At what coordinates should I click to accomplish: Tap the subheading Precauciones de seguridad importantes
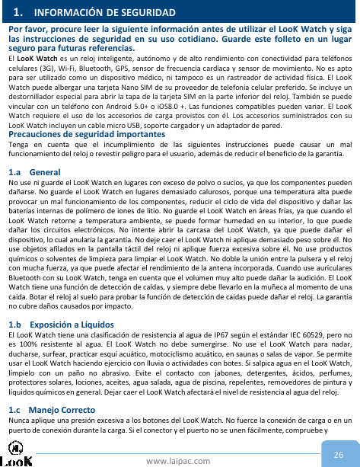click(86, 134)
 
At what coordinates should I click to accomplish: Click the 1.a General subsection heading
click(24, 173)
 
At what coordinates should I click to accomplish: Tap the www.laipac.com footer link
click(180, 459)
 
